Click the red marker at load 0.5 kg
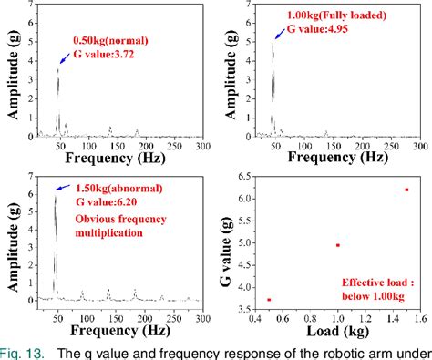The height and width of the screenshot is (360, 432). click(270, 299)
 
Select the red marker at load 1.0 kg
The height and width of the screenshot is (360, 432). click(338, 245)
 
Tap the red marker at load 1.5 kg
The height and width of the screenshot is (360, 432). click(406, 190)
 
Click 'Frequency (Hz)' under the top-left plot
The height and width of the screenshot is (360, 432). click(114, 158)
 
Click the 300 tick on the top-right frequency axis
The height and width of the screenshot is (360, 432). click(418, 146)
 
